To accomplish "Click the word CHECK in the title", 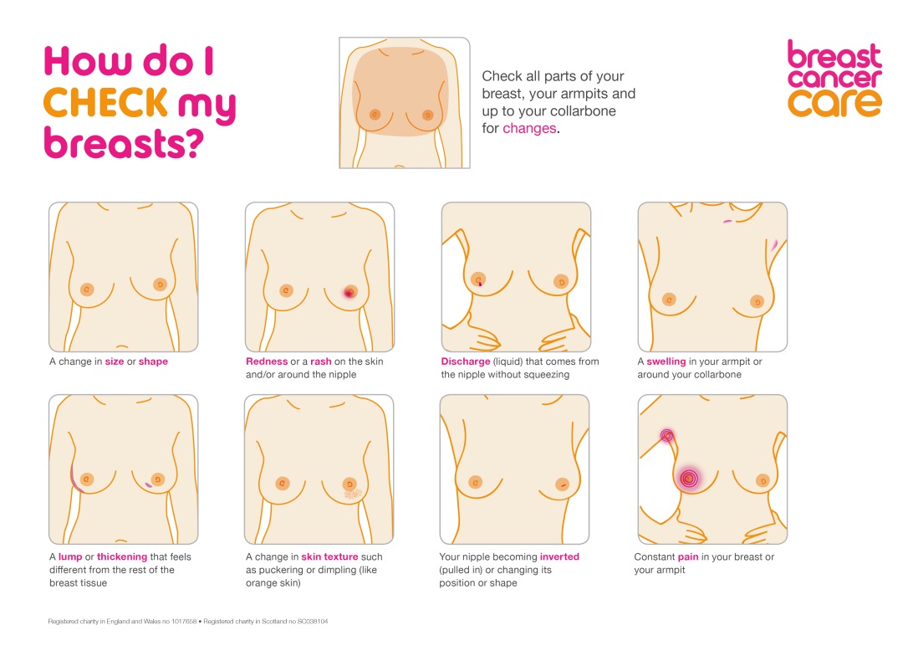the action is [x=105, y=102].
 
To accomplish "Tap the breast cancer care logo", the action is [x=834, y=79].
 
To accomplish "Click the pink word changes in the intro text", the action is [x=529, y=128].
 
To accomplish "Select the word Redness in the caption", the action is [x=267, y=361].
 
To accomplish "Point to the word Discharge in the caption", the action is [x=465, y=361].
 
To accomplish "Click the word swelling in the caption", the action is [x=666, y=361].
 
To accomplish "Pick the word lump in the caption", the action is [x=70, y=556].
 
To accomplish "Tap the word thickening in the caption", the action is [x=122, y=556].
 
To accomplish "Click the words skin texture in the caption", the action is [x=329, y=556].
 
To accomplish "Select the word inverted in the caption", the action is [x=559, y=556].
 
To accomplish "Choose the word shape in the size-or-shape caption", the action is [x=153, y=361].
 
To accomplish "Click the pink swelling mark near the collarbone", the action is [x=728, y=222].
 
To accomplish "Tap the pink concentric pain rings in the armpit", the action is [x=666, y=434].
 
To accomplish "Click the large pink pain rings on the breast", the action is [x=690, y=479].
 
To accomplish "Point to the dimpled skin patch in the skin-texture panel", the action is [x=353, y=494].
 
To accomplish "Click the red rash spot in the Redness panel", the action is [x=349, y=292].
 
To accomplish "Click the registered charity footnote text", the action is [x=187, y=622].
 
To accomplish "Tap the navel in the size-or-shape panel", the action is [x=122, y=346].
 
